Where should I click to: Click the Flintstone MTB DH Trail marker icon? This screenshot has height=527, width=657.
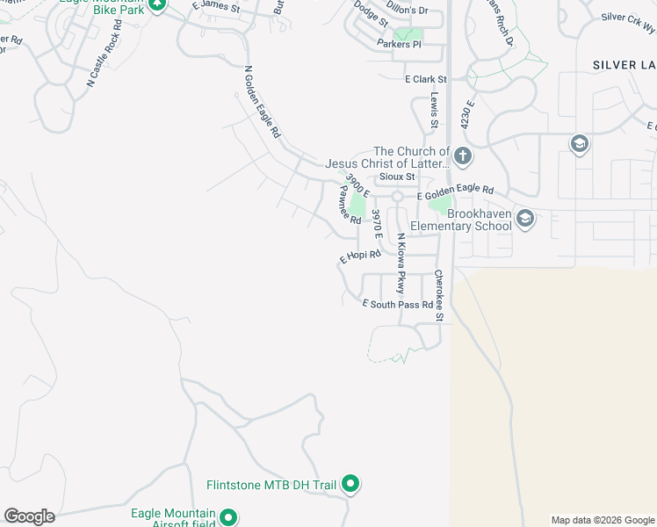coord(350,484)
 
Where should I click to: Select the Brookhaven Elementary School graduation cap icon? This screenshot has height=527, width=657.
coord(525,218)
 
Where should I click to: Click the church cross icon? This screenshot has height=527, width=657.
coord(463,157)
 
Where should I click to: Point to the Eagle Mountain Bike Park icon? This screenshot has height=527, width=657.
coord(157,4)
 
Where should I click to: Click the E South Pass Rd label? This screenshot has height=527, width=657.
coord(398,305)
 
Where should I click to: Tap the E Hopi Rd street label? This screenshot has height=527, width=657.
coord(360,256)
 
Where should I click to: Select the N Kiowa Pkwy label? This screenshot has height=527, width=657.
coord(401,263)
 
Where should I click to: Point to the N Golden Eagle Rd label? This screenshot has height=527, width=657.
coord(261,103)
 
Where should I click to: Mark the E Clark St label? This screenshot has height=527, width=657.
coord(425,80)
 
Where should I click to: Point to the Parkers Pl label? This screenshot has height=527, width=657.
coord(400,44)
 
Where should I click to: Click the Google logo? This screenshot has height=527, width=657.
coord(29,516)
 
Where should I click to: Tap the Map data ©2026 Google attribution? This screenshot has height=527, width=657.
coord(602,520)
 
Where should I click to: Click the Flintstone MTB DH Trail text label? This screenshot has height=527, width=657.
coord(271,485)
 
